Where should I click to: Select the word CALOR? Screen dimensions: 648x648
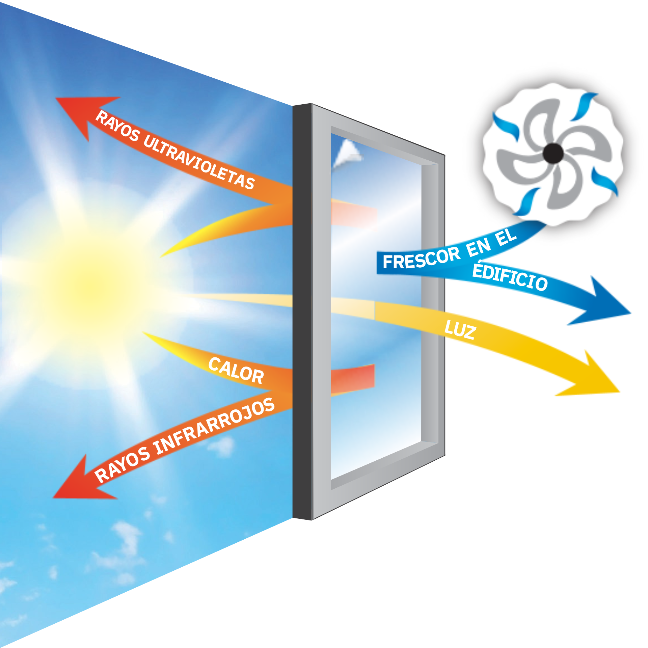pyautogui.click(x=236, y=371)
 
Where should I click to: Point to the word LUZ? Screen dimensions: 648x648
pyautogui.click(x=460, y=329)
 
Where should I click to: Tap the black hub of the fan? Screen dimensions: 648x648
pyautogui.click(x=553, y=153)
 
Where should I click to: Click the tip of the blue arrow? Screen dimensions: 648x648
pyautogui.click(x=630, y=313)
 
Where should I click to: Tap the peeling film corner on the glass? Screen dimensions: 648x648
pyautogui.click(x=348, y=154)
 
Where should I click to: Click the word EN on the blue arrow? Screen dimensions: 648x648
pyautogui.click(x=479, y=247)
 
